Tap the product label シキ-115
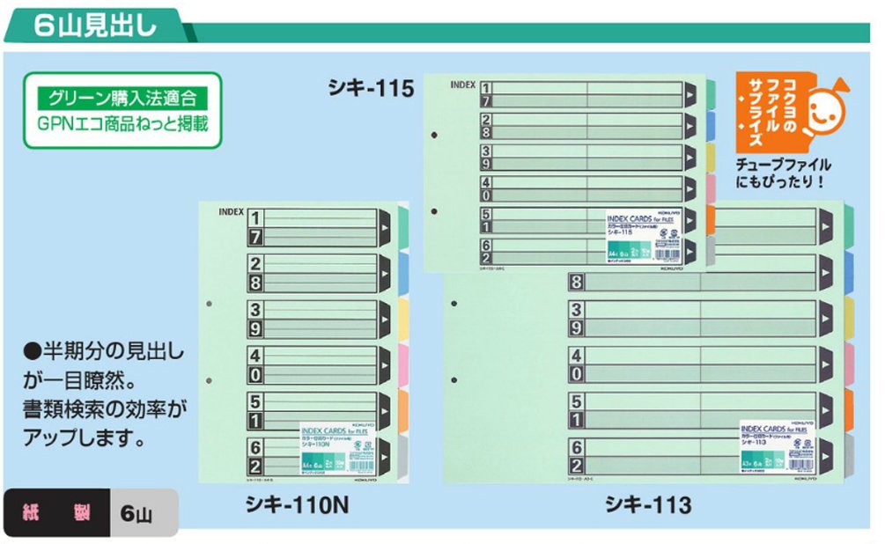(370, 88)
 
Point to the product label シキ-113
(647, 504)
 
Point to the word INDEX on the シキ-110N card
(229, 212)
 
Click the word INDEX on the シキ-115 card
(462, 85)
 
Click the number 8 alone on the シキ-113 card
(577, 283)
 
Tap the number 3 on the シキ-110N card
(254, 309)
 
